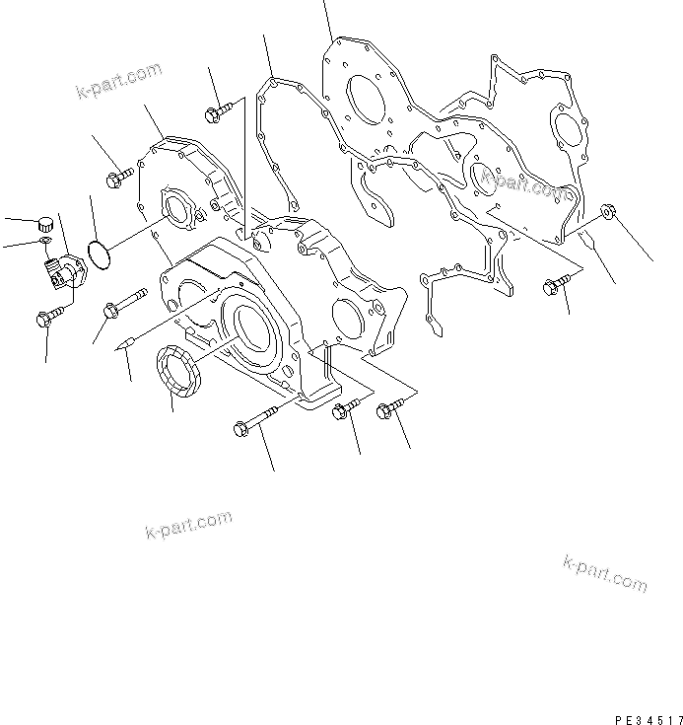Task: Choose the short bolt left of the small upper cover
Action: pos(117,178)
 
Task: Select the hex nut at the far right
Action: pos(608,211)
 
